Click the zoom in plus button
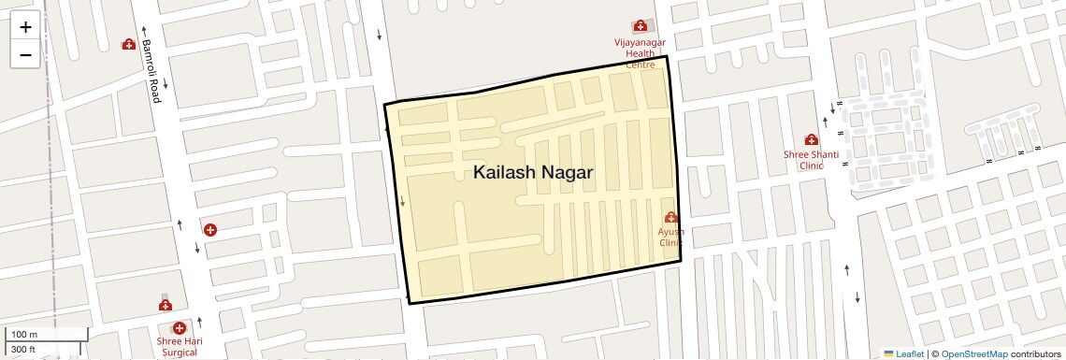(25, 27)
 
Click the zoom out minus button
(25, 54)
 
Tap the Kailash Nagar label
(533, 173)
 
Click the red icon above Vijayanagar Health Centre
(641, 26)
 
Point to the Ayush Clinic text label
(670, 237)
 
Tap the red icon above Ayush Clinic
(670, 217)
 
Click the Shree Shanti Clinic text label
(811, 160)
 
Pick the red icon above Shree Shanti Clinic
(811, 139)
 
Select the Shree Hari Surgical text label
(180, 347)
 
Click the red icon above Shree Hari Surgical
(179, 327)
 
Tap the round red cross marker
(210, 229)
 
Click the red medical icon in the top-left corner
(129, 44)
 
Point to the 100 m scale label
(25, 335)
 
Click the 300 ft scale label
(23, 350)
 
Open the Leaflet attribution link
(903, 353)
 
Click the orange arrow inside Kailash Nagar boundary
(403, 200)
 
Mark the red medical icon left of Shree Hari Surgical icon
(166, 305)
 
